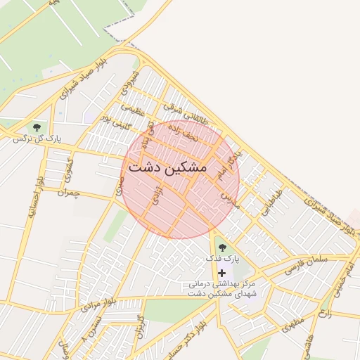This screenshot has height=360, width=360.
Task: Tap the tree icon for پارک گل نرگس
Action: (37, 127)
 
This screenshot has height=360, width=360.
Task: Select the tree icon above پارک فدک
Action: (223, 247)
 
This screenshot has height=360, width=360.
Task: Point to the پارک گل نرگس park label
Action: (37, 139)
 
